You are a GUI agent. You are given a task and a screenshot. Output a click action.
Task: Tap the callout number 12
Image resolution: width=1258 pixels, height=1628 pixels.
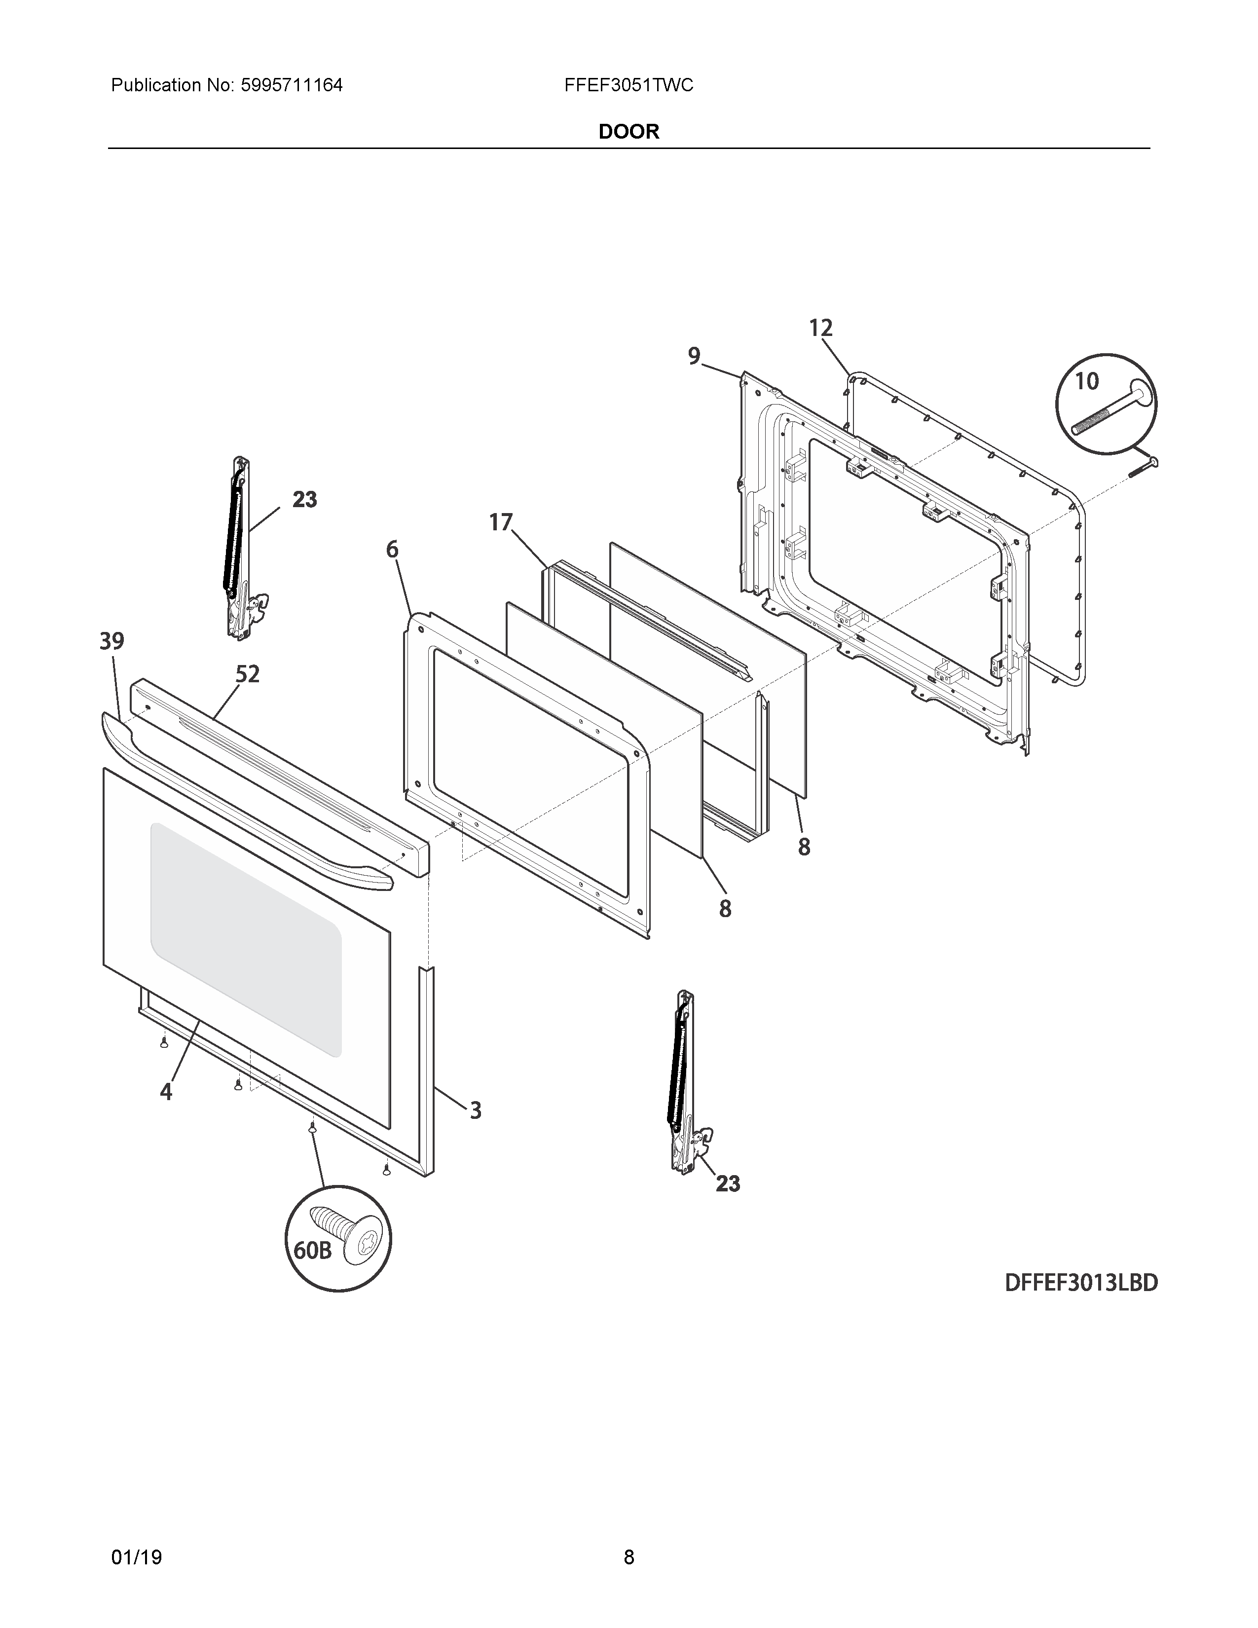(x=820, y=328)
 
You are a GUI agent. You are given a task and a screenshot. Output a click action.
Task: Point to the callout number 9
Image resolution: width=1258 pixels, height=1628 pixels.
(x=694, y=356)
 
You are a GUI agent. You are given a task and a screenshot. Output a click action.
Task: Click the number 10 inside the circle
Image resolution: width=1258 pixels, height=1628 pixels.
(x=1087, y=382)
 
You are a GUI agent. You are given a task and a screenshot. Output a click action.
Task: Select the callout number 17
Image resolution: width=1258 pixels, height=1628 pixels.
(x=501, y=522)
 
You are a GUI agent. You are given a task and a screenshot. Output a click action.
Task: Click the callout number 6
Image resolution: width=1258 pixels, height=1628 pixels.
(x=392, y=550)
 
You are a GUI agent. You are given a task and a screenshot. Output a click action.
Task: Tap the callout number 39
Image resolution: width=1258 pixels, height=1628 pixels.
(x=112, y=641)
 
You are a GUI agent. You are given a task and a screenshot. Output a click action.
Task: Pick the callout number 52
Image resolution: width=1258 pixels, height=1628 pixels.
(x=248, y=674)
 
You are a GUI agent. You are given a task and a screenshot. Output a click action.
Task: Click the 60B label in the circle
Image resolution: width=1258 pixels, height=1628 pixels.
(x=312, y=1250)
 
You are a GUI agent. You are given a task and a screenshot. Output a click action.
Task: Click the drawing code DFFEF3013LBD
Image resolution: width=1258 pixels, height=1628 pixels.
(x=1080, y=1283)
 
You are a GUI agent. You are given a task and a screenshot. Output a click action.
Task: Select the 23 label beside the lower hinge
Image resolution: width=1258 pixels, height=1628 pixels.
(x=728, y=1184)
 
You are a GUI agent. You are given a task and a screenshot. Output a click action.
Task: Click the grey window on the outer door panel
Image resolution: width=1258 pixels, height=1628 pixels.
(x=246, y=939)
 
